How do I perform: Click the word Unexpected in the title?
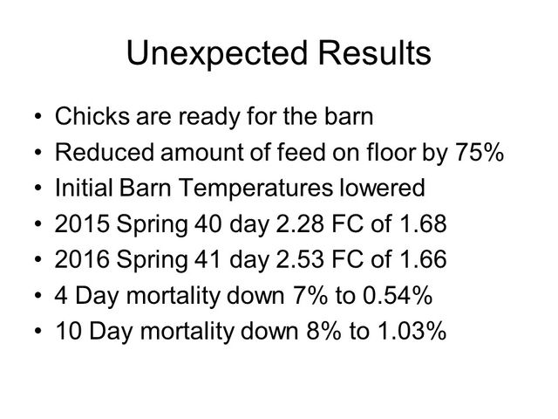point(217,53)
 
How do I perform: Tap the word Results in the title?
point(374,52)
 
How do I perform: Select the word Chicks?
point(92,116)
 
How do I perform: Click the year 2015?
point(82,223)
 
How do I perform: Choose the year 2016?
point(82,259)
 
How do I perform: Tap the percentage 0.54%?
point(398,295)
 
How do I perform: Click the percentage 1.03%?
point(412,331)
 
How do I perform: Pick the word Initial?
point(84,188)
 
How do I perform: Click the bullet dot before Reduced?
point(38,153)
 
